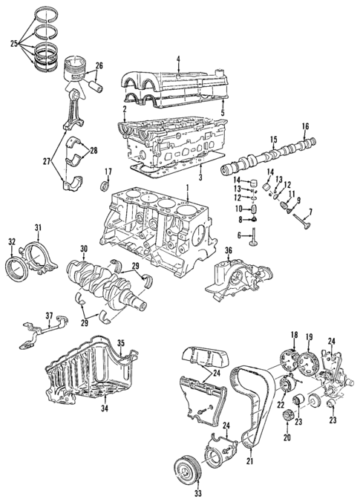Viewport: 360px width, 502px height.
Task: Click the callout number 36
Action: (x=229, y=251)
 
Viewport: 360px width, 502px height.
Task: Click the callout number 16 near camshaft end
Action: (x=304, y=128)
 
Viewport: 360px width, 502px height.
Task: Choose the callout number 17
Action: (x=108, y=173)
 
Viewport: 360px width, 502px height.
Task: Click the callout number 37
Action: (x=50, y=315)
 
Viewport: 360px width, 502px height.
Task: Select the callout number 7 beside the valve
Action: (x=310, y=212)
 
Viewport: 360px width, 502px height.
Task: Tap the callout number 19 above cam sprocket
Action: (x=307, y=336)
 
